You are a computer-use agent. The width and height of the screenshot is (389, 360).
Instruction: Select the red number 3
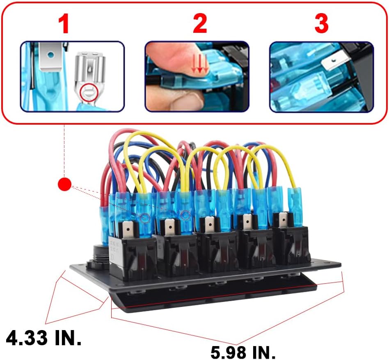click(321, 25)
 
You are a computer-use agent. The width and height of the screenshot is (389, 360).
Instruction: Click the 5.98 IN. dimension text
click(243, 352)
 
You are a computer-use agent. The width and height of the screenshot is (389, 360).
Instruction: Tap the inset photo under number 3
click(321, 76)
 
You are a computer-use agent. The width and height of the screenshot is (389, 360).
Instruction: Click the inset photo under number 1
click(72, 76)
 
